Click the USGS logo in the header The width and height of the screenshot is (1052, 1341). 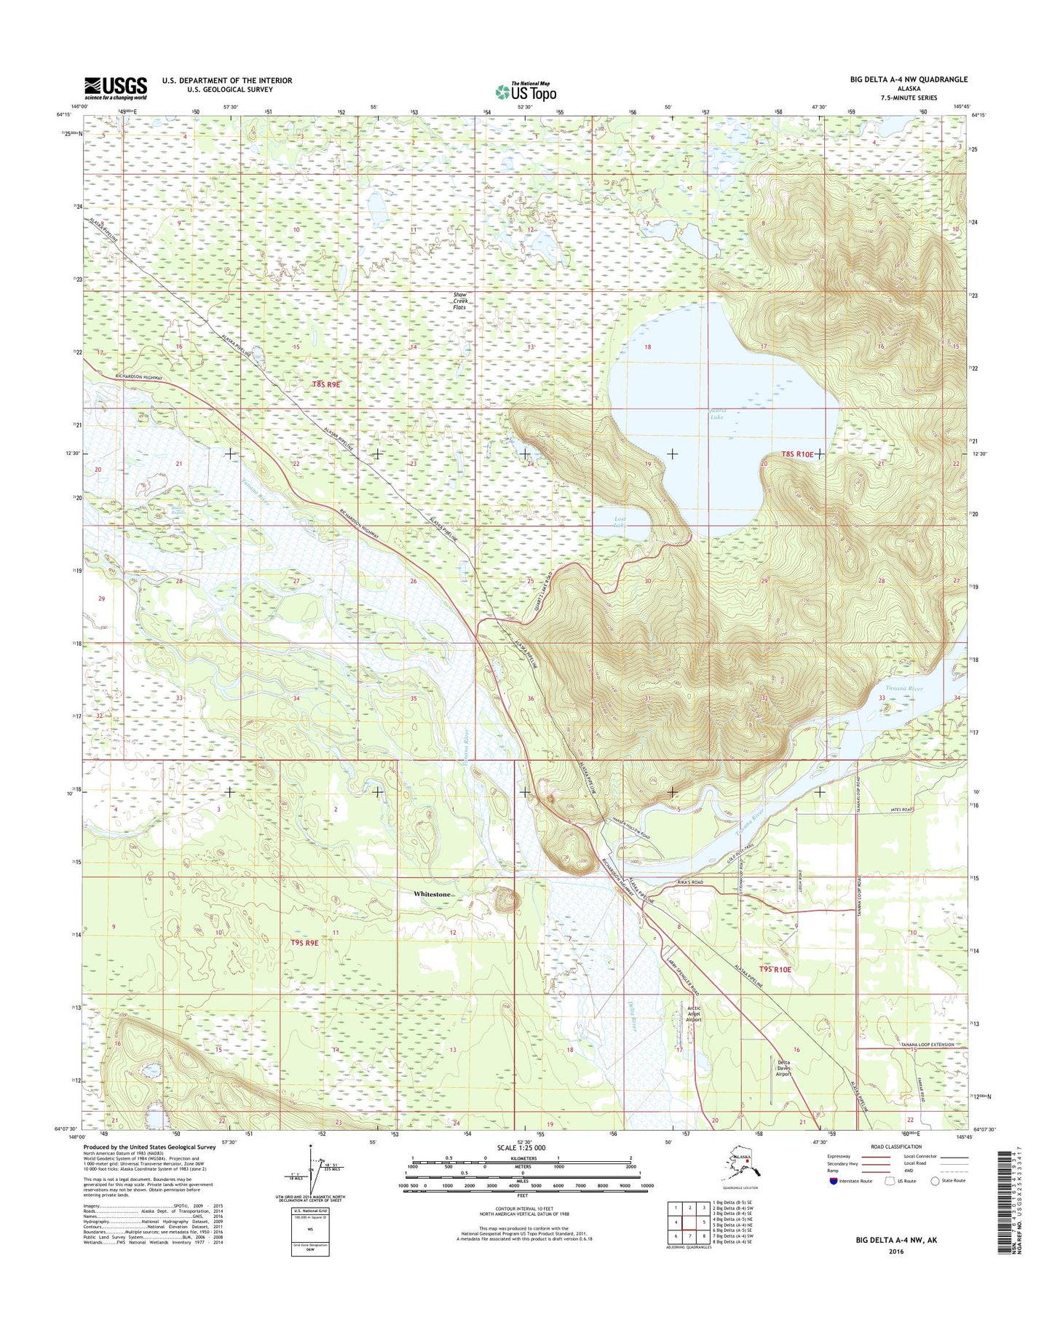pos(115,88)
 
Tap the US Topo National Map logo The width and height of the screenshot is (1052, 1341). pos(526,91)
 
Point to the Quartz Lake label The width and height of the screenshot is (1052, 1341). pos(717,414)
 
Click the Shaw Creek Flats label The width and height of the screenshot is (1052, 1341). pos(459,301)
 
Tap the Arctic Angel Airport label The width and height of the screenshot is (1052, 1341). pos(694,1013)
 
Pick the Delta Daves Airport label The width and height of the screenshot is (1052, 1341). pos(783,1068)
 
